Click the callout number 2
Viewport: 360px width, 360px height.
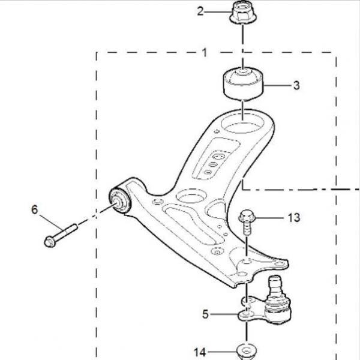point(200,11)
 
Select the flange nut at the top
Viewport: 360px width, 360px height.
point(243,13)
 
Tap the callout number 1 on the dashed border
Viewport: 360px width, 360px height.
point(205,52)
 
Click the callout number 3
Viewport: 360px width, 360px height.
point(296,85)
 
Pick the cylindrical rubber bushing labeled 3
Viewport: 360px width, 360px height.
point(244,83)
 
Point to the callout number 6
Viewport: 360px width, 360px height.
point(34,209)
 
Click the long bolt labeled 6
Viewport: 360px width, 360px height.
point(61,236)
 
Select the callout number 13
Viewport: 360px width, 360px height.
point(293,218)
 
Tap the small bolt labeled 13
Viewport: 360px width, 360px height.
point(246,222)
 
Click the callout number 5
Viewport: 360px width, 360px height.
point(205,314)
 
